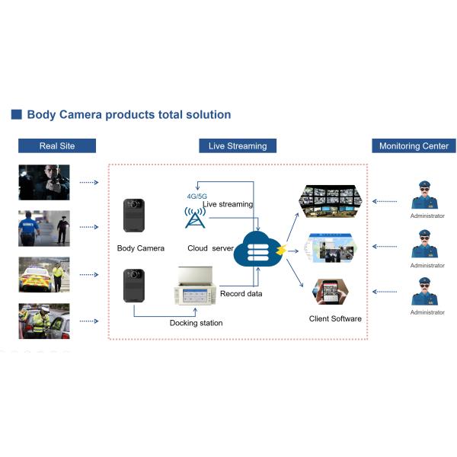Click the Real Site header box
57,145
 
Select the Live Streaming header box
238,145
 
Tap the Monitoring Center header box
414,145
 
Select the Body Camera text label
141,248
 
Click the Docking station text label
196,323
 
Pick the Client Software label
335,318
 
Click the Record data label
242,293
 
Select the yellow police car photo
44,276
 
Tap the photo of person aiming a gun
44,182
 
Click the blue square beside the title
16,115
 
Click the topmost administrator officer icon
427,195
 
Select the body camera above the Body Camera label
134,216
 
